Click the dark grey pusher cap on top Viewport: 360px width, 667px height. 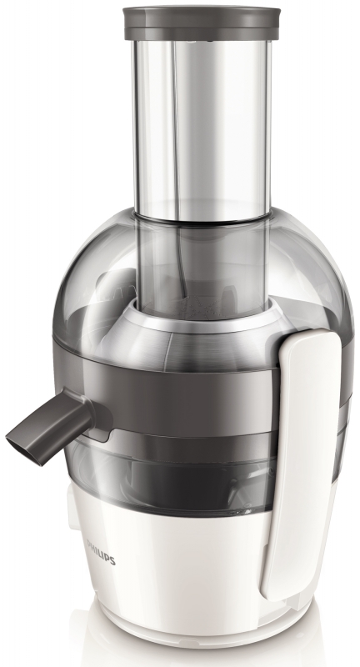[202, 23]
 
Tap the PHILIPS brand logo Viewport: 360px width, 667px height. [101, 552]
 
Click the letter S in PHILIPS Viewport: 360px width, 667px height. [112, 560]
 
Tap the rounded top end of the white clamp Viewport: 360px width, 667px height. [312, 339]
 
